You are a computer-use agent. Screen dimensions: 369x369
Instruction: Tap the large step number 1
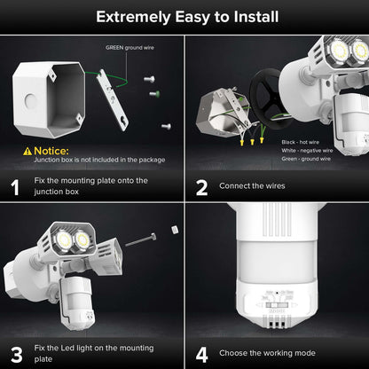coord(14,186)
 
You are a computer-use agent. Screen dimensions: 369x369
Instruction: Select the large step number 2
coord(202,186)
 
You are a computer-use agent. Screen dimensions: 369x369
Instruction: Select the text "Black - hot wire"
coord(302,142)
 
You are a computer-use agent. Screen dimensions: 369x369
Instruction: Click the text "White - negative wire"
coord(309,151)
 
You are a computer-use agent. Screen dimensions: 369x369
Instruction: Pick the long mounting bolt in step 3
coord(143,239)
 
